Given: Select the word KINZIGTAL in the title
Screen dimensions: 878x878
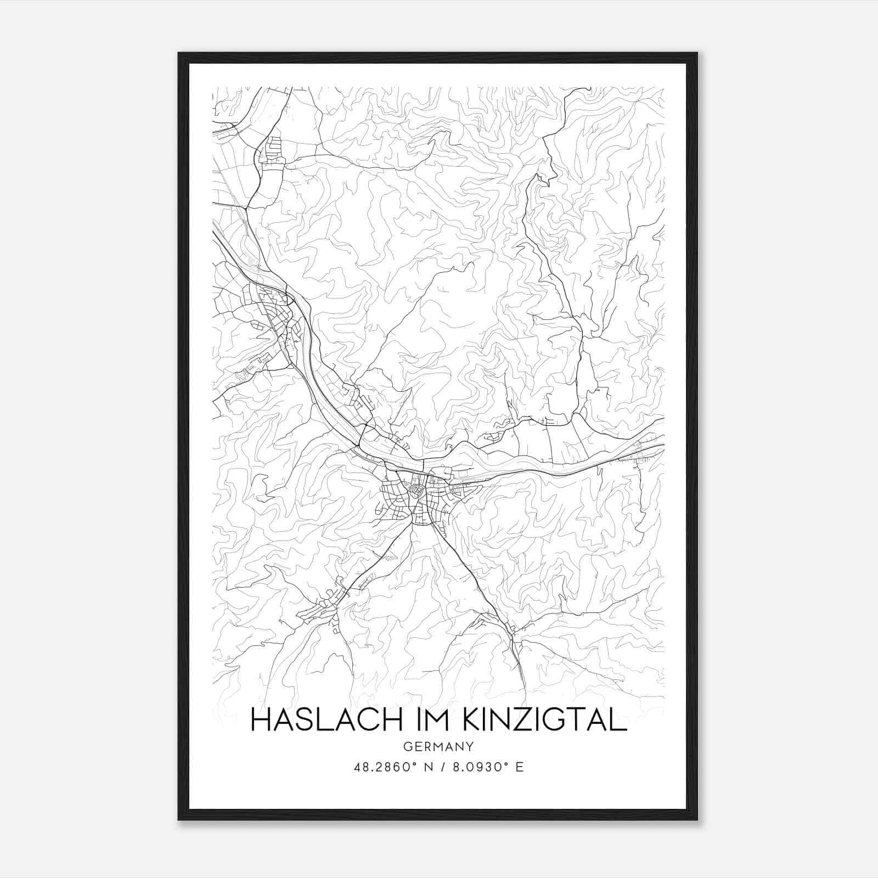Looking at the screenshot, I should click(545, 721).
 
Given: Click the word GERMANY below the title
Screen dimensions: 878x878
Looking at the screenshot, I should click(438, 747).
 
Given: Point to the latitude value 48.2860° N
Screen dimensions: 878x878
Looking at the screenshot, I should click(391, 767).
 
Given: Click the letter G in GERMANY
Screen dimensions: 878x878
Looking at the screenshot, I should click(407, 747).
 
